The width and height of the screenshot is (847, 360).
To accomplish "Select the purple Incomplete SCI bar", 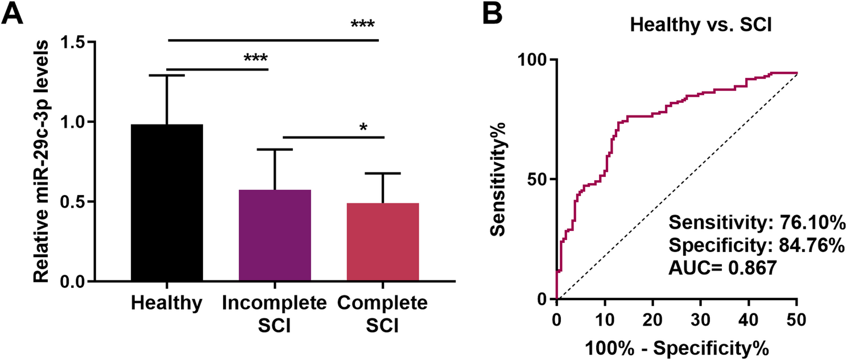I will pos(275,235).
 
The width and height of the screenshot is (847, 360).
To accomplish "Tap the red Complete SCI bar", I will pos(382,242).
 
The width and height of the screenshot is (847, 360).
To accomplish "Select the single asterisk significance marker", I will pos(363,126).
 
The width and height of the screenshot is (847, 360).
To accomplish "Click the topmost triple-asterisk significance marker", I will pos(363,25).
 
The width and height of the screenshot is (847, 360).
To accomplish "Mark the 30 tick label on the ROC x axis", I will pos(701,317).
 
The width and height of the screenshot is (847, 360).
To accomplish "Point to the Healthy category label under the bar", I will pos(167,304).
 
